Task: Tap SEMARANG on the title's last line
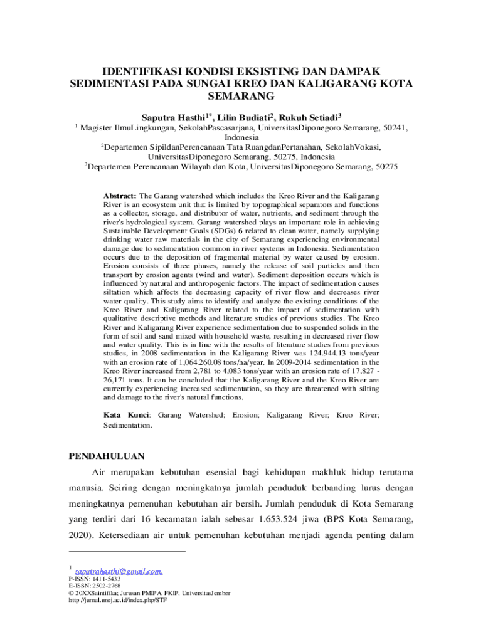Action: [x=241, y=97]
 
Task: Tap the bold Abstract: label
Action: [x=120, y=196]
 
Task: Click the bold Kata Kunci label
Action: [x=125, y=415]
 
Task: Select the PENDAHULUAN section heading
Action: [x=107, y=456]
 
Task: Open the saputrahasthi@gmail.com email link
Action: [x=119, y=571]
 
